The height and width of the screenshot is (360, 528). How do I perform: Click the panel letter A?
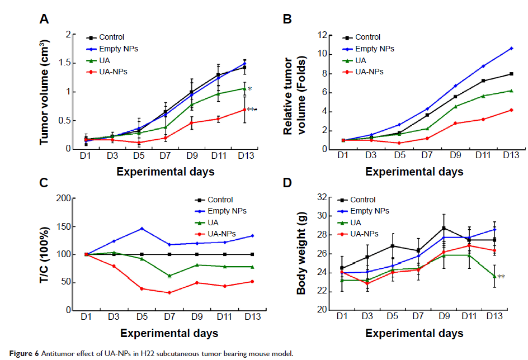pyautogui.click(x=43, y=20)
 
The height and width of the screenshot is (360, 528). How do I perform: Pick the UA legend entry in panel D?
pyautogui.click(x=356, y=222)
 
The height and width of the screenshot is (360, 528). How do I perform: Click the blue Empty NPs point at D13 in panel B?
pyautogui.click(x=496, y=48)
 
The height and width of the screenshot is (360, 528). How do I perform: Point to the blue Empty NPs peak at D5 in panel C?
pyautogui.click(x=142, y=229)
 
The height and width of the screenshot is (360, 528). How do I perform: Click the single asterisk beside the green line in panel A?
pyautogui.click(x=250, y=89)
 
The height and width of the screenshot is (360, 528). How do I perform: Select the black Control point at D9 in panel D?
pyautogui.click(x=444, y=228)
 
